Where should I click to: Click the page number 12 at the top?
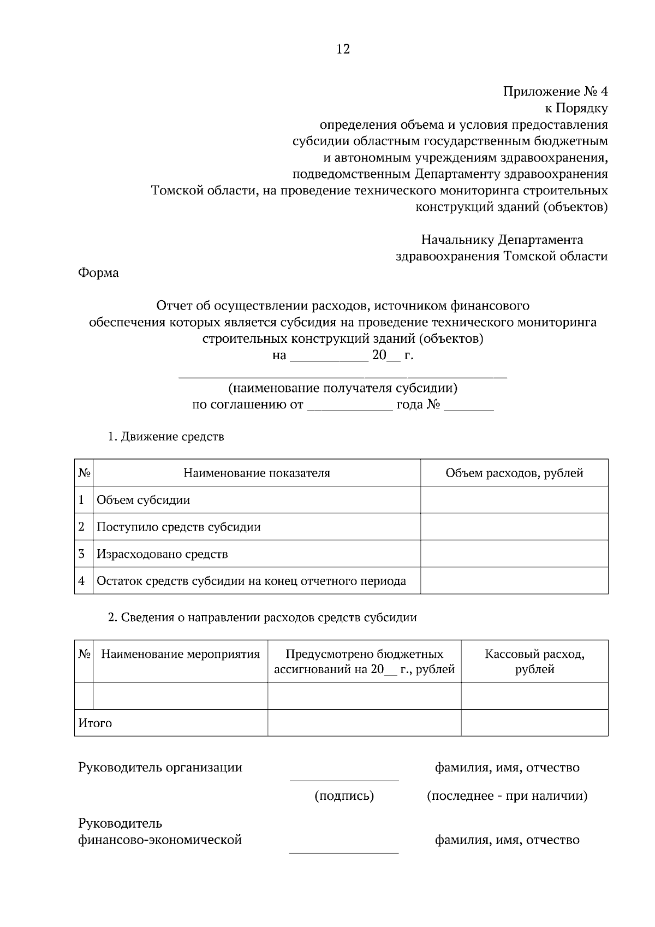pyautogui.click(x=343, y=49)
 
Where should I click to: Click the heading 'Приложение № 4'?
pyautogui.click(x=555, y=92)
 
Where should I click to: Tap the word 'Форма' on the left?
pyautogui.click(x=98, y=272)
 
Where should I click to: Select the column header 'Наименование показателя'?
pyautogui.click(x=257, y=473)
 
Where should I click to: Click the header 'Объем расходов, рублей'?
pyautogui.click(x=514, y=473)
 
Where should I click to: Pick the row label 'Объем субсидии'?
pyautogui.click(x=144, y=500)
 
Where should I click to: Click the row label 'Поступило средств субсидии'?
pyautogui.click(x=178, y=527)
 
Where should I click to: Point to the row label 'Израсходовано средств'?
pyautogui.click(x=162, y=554)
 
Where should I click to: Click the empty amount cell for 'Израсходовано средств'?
pyautogui.click(x=514, y=554)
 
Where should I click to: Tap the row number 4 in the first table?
pyautogui.click(x=82, y=581)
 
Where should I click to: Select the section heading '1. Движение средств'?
pyautogui.click(x=166, y=437)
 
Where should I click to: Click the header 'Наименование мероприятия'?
pyautogui.click(x=181, y=654)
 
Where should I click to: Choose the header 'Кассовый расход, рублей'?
pyautogui.click(x=534, y=662)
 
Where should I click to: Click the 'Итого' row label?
pyautogui.click(x=96, y=723)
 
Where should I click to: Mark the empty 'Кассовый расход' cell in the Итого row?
pyautogui.click(x=534, y=723)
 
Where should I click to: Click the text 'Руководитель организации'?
pyautogui.click(x=160, y=767)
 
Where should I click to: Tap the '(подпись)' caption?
pyautogui.click(x=344, y=796)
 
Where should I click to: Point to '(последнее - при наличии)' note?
pyautogui.click(x=507, y=796)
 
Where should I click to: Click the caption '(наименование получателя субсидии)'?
pyautogui.click(x=343, y=388)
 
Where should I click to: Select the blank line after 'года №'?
pyautogui.click(x=468, y=406)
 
